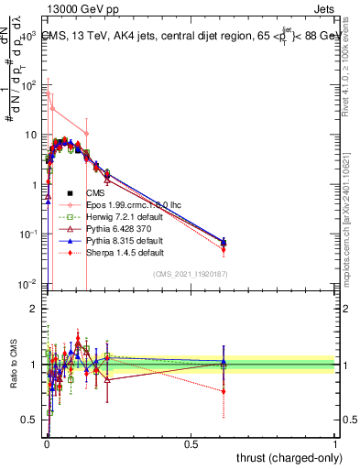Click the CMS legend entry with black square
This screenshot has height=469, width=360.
click(99, 193)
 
